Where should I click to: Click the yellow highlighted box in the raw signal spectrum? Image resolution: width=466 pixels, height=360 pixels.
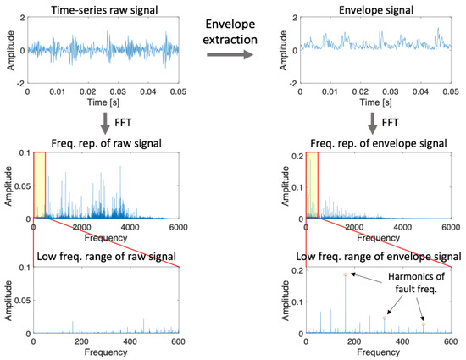[x=38, y=184]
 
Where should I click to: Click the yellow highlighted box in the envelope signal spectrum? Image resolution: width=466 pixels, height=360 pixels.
[x=311, y=184]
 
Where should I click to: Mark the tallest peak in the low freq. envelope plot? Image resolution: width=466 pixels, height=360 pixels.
[x=345, y=274]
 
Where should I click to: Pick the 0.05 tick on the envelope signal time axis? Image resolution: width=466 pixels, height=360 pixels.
[x=442, y=93]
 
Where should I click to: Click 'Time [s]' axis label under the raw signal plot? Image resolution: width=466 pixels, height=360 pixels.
[x=103, y=103]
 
